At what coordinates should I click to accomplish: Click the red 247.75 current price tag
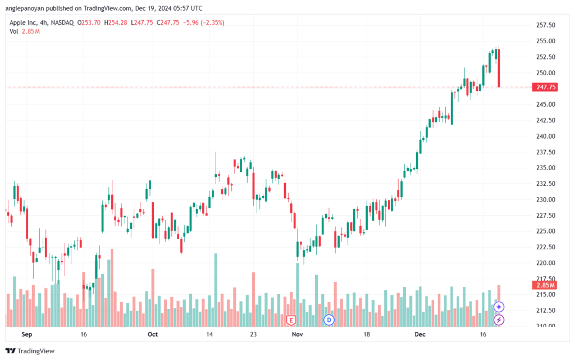click(x=545, y=87)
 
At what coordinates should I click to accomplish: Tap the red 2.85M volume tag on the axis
click(x=545, y=285)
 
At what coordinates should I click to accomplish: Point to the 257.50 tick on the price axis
click(x=546, y=25)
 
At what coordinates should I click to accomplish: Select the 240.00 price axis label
click(x=546, y=136)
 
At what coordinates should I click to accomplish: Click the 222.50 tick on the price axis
click(x=546, y=247)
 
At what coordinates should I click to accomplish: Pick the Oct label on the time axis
click(x=153, y=334)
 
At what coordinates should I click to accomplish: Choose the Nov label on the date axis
click(x=298, y=334)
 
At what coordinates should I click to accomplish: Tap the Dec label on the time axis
click(x=420, y=334)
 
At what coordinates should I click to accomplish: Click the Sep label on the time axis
click(x=27, y=334)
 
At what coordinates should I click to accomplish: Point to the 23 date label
click(x=253, y=334)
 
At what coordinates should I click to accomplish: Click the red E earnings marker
click(x=291, y=321)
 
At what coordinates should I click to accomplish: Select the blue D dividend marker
click(x=329, y=320)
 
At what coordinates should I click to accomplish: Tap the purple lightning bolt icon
click(x=499, y=320)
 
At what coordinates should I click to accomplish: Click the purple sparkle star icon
click(x=499, y=307)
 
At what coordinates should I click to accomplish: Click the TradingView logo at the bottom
click(x=30, y=351)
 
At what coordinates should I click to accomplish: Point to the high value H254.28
click(x=116, y=22)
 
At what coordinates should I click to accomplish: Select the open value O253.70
click(x=88, y=22)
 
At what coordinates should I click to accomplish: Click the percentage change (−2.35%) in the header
click(x=212, y=22)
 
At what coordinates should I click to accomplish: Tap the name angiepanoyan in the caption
click(x=24, y=8)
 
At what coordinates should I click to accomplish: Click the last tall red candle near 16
click(x=499, y=68)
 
